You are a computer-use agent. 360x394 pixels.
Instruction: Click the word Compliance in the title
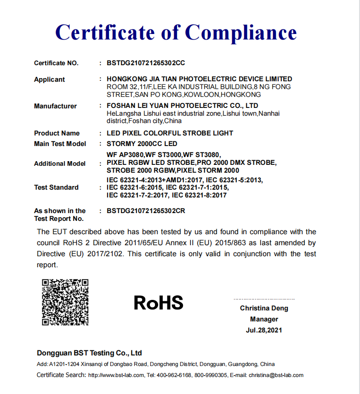[x=241, y=33]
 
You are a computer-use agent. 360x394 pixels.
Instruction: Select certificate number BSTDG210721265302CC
[x=146, y=63]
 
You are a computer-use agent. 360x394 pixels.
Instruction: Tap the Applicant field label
[x=50, y=79]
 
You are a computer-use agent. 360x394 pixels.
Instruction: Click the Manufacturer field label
[x=55, y=106]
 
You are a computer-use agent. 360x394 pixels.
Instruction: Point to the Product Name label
[x=57, y=133]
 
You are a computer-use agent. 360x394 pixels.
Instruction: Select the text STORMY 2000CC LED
[x=142, y=144]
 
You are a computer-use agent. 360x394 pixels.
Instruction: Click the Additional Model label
[x=60, y=163]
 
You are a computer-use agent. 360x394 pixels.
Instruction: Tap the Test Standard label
[x=56, y=187]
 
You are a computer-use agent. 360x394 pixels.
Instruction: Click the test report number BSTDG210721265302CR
[x=146, y=211]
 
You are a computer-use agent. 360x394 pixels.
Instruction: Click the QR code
[x=65, y=302]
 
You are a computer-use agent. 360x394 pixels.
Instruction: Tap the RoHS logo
[x=159, y=303]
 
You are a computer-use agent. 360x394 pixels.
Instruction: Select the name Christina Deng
[x=264, y=308]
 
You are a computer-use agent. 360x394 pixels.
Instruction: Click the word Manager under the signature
[x=264, y=319]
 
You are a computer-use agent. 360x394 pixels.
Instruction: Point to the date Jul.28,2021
[x=264, y=330]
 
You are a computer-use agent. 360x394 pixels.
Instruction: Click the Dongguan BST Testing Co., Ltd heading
[x=89, y=353]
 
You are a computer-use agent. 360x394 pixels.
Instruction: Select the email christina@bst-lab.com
[x=276, y=375]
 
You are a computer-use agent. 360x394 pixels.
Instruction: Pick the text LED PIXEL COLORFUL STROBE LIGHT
[x=170, y=133]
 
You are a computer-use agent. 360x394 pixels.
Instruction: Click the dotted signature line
[x=264, y=299]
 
